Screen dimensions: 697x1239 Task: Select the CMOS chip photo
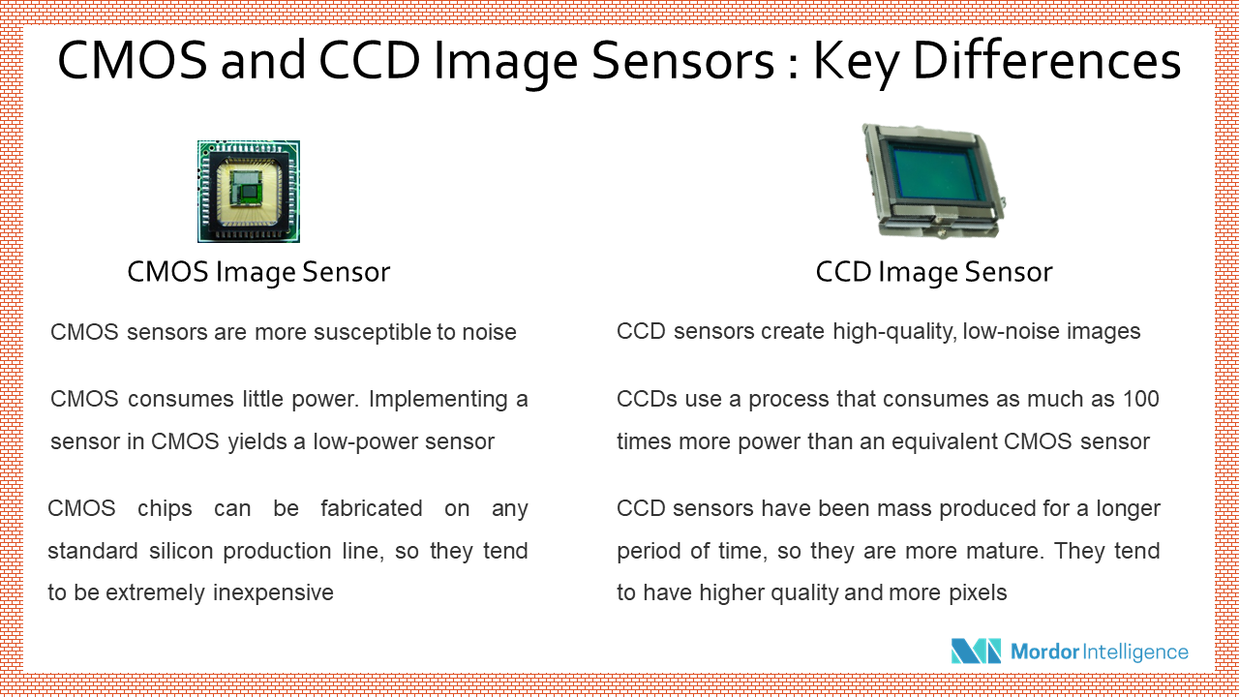tap(249, 191)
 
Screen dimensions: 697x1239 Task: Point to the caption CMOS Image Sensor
tap(258, 273)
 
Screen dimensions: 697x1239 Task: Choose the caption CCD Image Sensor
tap(934, 273)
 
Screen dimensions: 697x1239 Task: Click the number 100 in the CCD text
tap(1140, 399)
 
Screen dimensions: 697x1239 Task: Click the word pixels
tap(973, 592)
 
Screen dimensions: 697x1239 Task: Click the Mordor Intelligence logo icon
tap(976, 652)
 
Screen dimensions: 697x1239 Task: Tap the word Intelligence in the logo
tap(1134, 652)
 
